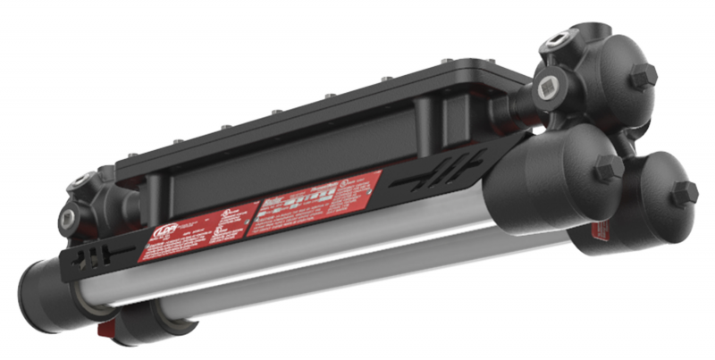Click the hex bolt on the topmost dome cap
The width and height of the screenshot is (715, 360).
pos(643,75)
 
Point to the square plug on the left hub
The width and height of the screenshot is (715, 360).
pos(68,216)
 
